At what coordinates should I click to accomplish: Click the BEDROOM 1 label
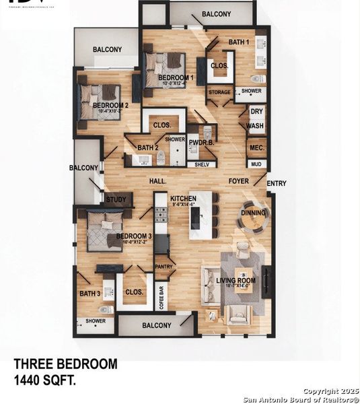(x=176, y=78)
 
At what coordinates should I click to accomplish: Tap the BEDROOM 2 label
(x=110, y=106)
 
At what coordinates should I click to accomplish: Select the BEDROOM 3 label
(x=134, y=236)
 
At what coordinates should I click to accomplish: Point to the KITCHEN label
(x=183, y=198)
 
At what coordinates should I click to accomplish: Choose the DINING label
(x=254, y=213)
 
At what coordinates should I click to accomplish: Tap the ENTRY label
(x=277, y=183)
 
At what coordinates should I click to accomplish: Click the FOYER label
(x=238, y=181)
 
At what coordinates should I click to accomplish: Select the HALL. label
(x=157, y=181)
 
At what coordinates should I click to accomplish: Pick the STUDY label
(x=116, y=199)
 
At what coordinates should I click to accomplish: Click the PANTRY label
(x=164, y=267)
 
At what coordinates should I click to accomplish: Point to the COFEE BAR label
(x=161, y=296)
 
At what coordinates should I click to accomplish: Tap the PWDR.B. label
(x=201, y=142)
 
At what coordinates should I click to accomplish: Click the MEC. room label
(x=256, y=147)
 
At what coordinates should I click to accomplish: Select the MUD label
(x=256, y=164)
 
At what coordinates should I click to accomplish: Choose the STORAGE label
(x=219, y=92)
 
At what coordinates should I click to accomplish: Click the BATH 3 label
(x=89, y=293)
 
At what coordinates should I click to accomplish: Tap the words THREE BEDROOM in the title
(x=65, y=364)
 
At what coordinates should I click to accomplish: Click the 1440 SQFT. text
(x=44, y=380)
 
